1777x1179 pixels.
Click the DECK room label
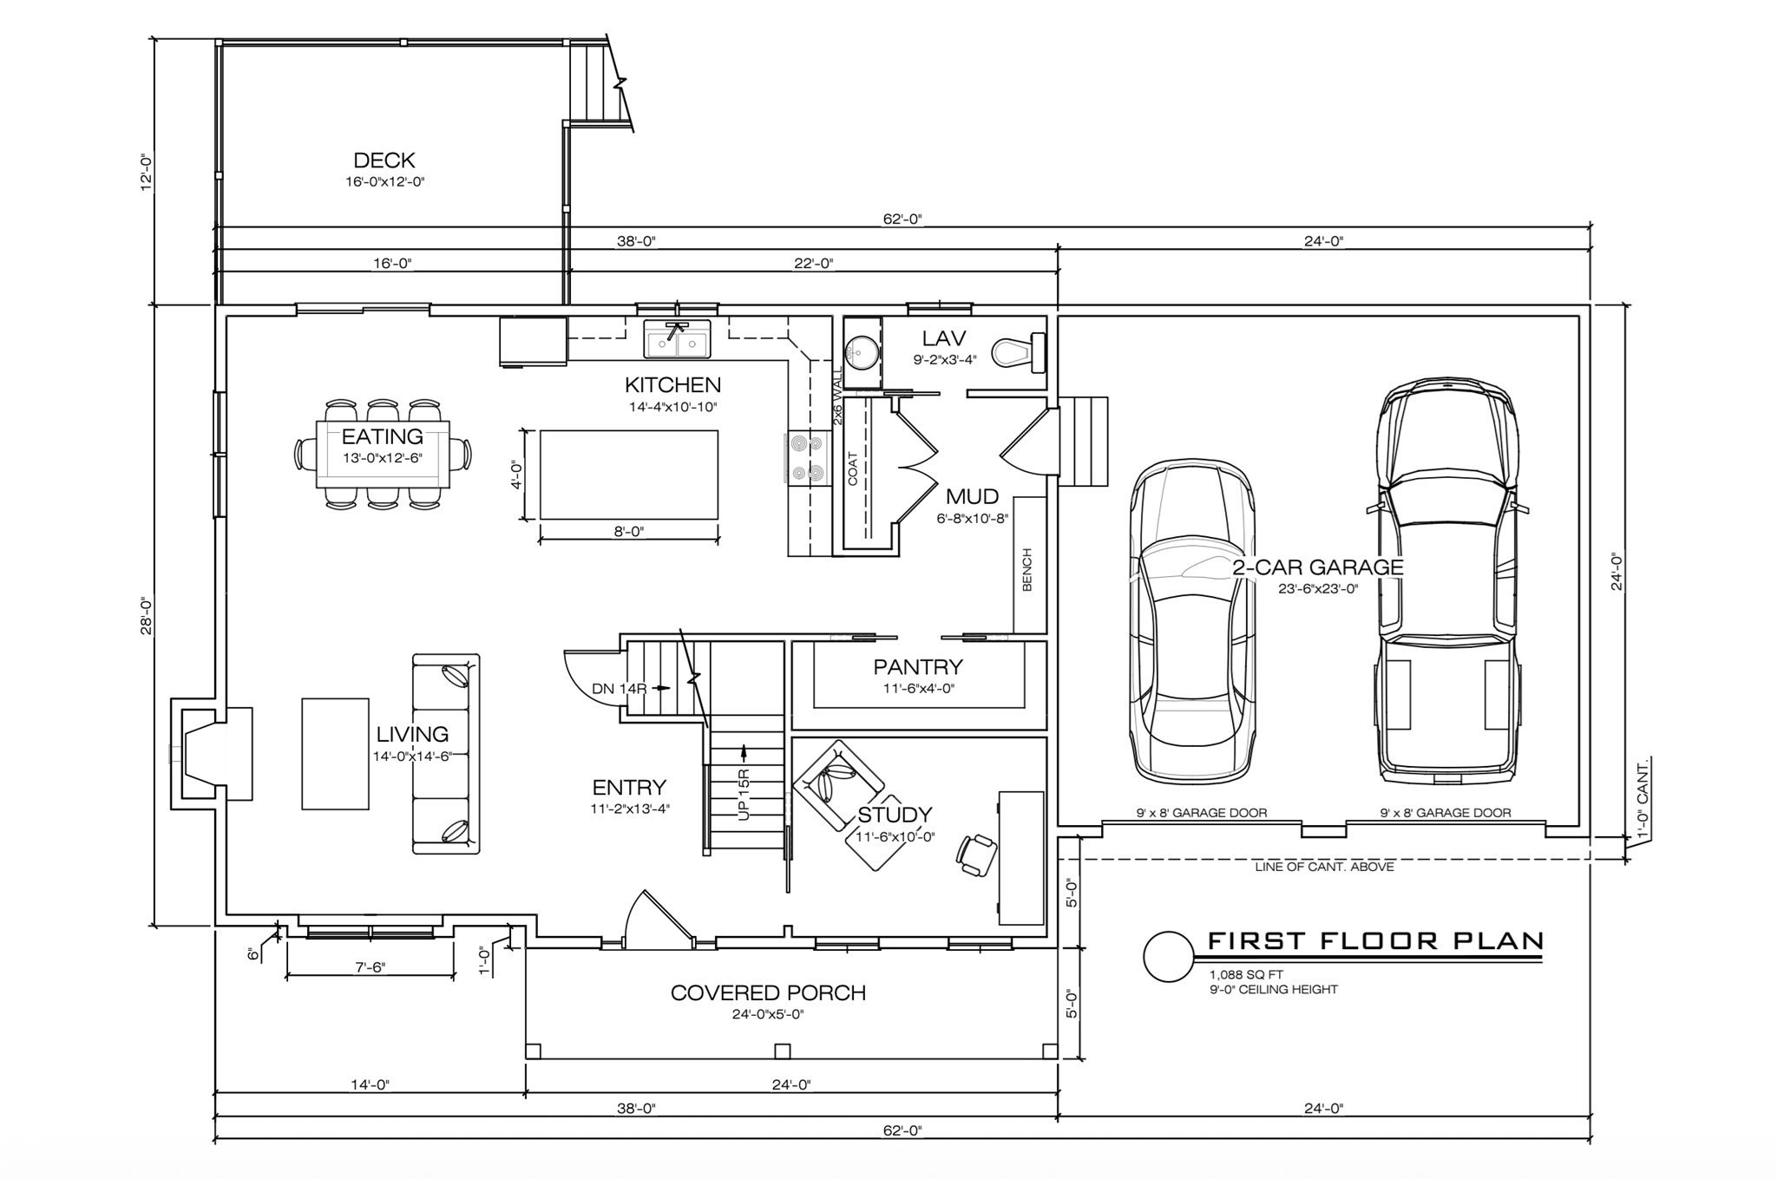click(384, 160)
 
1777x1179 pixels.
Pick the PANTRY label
click(918, 667)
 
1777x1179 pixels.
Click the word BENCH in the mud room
click(1027, 569)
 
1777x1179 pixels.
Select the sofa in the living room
click(445, 754)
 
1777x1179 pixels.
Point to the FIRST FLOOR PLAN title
click(1376, 940)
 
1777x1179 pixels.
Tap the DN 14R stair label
click(620, 689)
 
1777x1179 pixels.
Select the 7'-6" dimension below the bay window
click(370, 967)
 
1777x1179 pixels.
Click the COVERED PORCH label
click(768, 993)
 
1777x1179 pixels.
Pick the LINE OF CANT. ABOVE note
click(1324, 867)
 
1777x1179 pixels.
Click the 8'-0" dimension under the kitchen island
click(629, 532)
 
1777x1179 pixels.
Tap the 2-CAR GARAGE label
click(1318, 567)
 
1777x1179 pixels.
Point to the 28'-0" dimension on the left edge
click(147, 616)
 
